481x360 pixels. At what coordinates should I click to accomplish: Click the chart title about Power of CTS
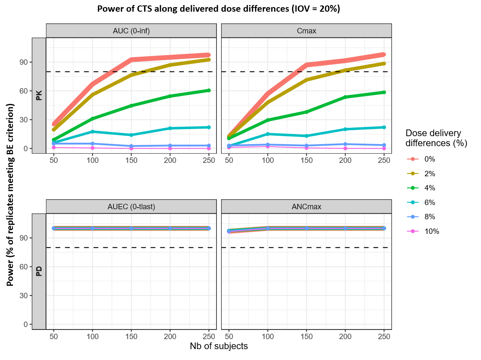tap(219, 9)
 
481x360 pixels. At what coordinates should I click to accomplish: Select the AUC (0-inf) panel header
tap(131, 31)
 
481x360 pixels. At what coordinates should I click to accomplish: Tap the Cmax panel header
tap(306, 31)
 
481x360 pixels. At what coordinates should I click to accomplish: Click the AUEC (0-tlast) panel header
tap(131, 207)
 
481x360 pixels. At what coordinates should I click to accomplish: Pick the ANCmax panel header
tap(306, 207)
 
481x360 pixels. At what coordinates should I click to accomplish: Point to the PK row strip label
tap(39, 96)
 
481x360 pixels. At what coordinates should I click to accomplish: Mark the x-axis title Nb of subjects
tap(219, 346)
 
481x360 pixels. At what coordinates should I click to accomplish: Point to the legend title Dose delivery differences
tap(436, 138)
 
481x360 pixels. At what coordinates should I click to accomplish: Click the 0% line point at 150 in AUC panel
tap(131, 60)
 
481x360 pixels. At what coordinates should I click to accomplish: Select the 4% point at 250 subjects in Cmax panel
tap(384, 92)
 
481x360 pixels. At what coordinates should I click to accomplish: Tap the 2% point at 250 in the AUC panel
tap(209, 60)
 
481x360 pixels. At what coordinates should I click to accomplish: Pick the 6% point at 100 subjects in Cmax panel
tap(267, 134)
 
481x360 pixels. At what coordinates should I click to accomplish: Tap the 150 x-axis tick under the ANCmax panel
tap(306, 336)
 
